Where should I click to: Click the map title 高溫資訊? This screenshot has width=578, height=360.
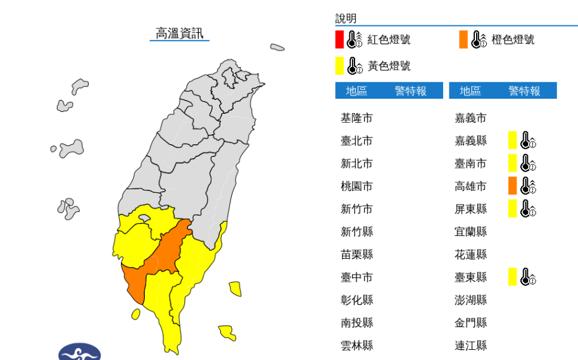point(180,34)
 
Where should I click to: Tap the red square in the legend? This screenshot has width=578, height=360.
point(339,39)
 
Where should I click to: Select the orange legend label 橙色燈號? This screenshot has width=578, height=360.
point(513,39)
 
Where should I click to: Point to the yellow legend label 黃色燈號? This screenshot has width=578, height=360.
point(389,66)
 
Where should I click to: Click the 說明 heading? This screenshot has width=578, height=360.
point(346,18)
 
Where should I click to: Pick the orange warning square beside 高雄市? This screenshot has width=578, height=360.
point(513,185)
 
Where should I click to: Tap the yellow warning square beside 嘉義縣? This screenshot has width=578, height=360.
point(513,140)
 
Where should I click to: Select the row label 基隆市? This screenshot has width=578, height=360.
point(356,118)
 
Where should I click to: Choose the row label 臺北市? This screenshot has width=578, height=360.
point(356,140)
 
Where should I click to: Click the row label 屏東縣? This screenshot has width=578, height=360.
point(470,209)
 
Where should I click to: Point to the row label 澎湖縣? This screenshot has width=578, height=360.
point(470,300)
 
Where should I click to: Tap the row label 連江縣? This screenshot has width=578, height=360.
point(470,345)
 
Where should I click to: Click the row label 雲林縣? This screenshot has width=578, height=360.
point(356,345)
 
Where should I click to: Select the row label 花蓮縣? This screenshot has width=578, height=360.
point(470,254)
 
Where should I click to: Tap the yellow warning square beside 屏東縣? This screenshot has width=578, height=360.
point(513,208)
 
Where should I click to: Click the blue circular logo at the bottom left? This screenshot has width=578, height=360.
point(80,352)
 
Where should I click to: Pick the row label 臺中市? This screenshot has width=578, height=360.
point(356,277)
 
